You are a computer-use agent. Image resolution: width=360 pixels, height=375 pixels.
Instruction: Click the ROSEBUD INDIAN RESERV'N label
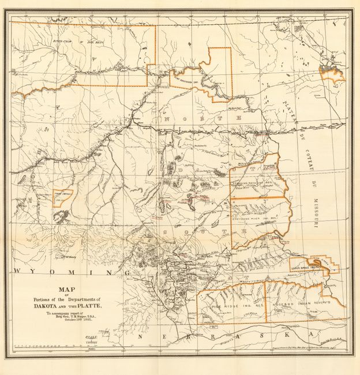click(x=299, y=301)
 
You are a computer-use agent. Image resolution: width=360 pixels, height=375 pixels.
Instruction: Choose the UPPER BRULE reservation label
click(x=305, y=268)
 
